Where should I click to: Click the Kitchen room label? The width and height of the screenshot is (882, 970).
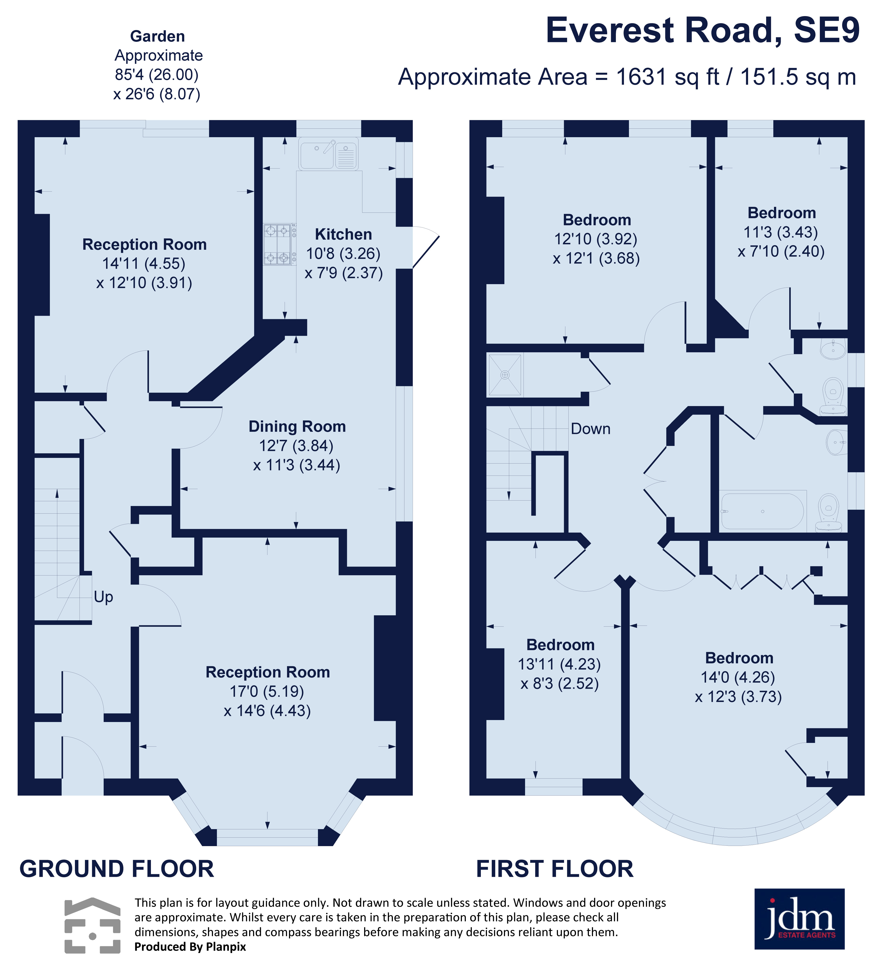point(343,234)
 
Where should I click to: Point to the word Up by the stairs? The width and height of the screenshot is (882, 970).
point(103,597)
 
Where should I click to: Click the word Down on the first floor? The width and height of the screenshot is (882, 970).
point(590,429)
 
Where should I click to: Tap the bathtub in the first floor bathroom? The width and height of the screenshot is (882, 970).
point(762,511)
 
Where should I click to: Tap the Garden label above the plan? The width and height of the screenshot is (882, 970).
point(157,36)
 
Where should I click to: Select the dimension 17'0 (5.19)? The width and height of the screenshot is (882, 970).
point(267,692)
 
